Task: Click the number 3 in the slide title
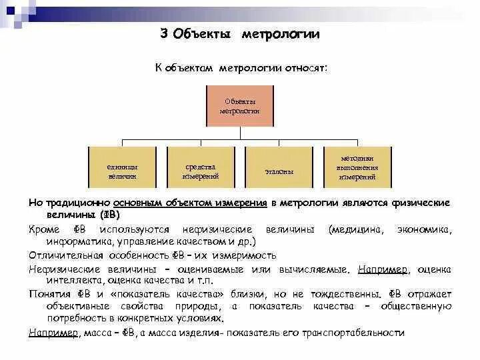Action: [164, 34]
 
